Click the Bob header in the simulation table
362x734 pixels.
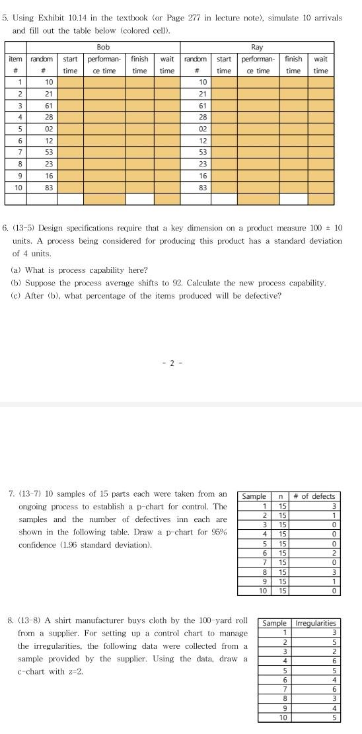coord(103,47)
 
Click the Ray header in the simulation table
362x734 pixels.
coord(257,47)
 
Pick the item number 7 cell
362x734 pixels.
coord(15,153)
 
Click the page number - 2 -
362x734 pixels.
coord(171,363)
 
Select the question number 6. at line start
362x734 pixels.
coord(6,228)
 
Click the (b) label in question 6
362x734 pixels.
coord(16,283)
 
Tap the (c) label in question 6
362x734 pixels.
coord(16,295)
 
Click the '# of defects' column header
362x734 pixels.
coord(314,497)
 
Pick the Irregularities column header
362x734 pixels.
coord(316,623)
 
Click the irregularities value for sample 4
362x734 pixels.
coord(334,660)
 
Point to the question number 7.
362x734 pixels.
coord(12,494)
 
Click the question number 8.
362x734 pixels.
coord(12,620)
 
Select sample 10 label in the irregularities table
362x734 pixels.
coord(283,717)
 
